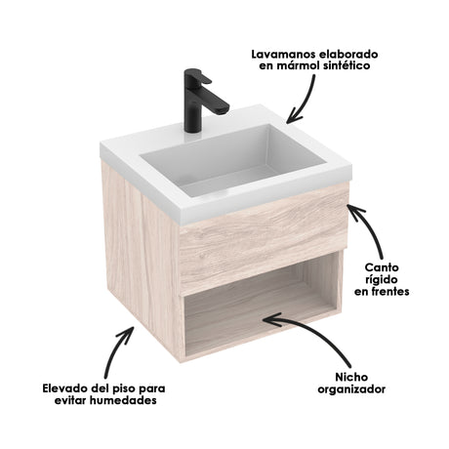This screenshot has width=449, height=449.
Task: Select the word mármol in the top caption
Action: click(x=296, y=66)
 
